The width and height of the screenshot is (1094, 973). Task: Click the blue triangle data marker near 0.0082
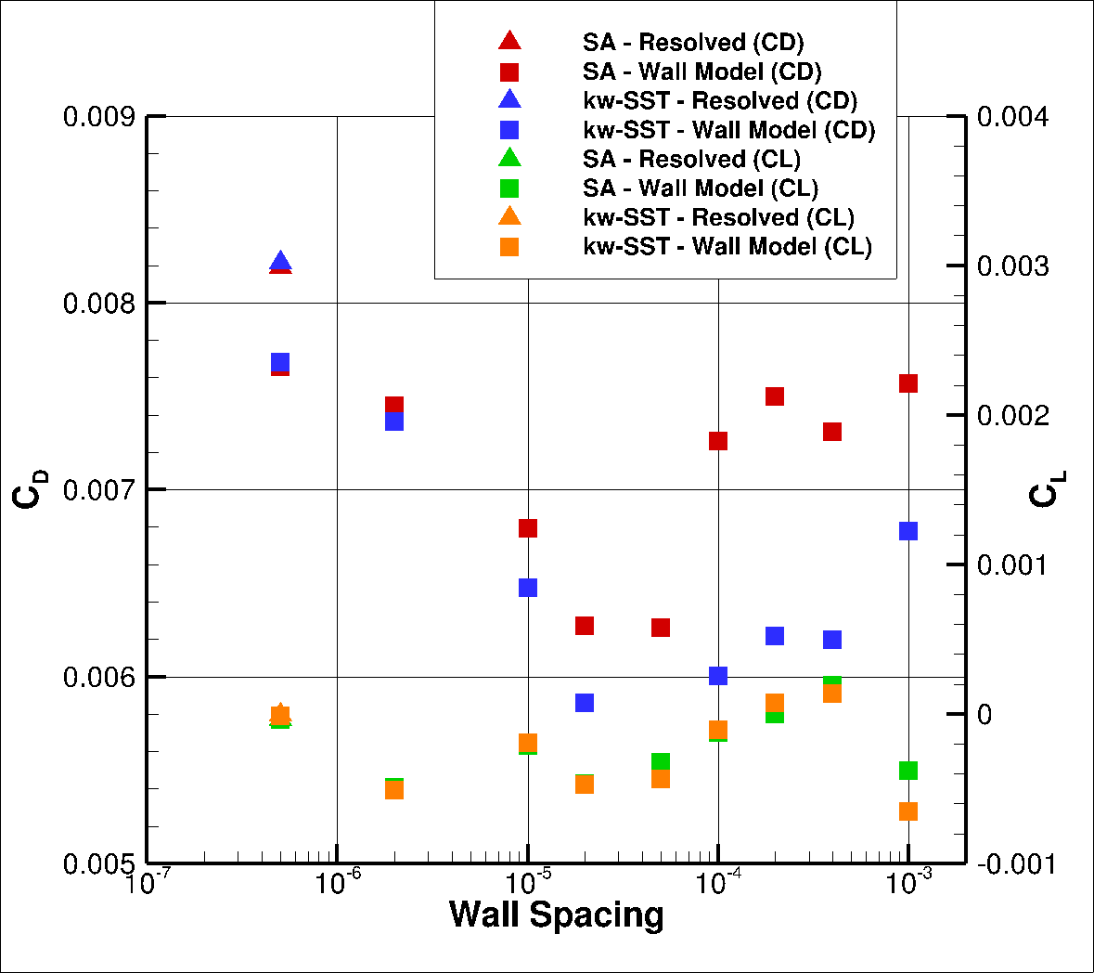280,262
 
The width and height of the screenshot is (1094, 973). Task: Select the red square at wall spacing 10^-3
908,383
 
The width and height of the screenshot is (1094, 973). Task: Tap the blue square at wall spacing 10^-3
908,531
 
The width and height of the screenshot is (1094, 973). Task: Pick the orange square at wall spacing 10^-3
908,811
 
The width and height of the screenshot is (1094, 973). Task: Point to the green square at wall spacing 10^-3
908,771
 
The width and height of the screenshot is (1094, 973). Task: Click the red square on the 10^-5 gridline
528,528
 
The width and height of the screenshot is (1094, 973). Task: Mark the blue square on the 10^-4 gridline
718,676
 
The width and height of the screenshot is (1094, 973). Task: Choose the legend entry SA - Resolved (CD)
692,43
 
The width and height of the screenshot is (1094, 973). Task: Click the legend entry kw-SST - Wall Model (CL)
727,247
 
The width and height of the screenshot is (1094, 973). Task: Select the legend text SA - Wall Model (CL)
701,188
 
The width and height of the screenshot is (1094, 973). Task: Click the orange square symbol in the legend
509,247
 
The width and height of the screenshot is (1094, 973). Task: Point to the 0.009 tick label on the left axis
98,117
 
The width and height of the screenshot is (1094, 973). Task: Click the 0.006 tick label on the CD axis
98,678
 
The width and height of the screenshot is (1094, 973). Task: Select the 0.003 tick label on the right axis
1012,266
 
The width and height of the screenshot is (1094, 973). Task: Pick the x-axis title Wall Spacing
557,915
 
